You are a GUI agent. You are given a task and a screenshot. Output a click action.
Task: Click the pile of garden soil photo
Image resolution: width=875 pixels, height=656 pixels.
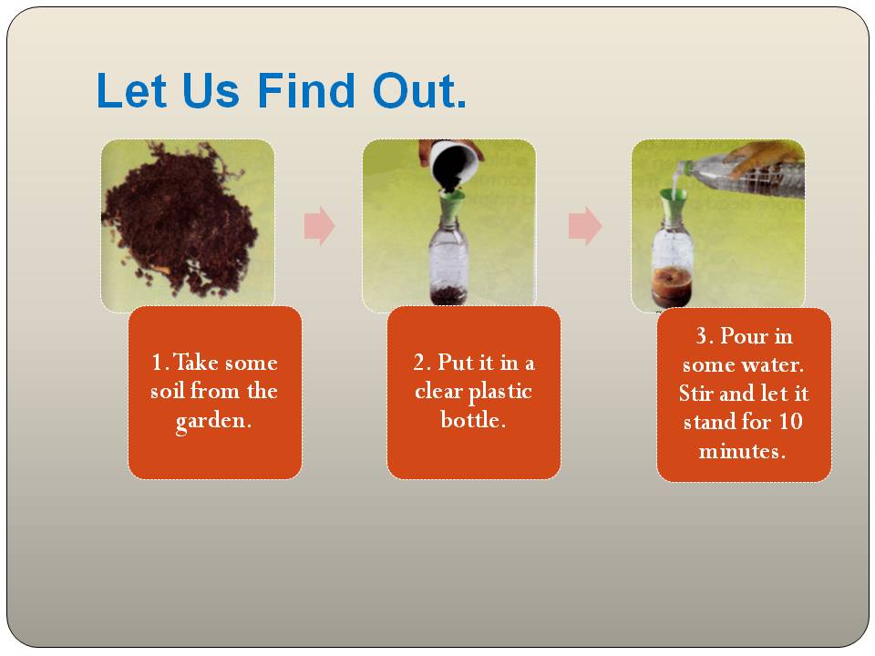[182, 223]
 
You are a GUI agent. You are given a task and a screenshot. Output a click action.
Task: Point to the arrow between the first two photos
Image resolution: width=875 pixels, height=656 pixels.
[319, 226]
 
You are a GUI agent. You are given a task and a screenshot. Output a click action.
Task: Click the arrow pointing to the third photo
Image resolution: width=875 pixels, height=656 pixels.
[585, 226]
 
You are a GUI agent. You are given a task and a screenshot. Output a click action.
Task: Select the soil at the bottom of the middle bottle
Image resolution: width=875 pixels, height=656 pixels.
[448, 293]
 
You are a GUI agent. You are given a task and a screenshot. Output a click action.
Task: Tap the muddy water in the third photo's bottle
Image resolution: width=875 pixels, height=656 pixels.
[673, 282]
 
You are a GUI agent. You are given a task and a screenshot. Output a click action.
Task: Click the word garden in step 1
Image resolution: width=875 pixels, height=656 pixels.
[213, 422]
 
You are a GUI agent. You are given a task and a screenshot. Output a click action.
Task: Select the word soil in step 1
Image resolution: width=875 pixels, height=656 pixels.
[170, 393]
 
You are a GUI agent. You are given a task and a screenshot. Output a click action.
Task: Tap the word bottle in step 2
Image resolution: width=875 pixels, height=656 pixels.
[473, 421]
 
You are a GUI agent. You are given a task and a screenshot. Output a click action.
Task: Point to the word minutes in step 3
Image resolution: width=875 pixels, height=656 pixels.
[742, 451]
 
